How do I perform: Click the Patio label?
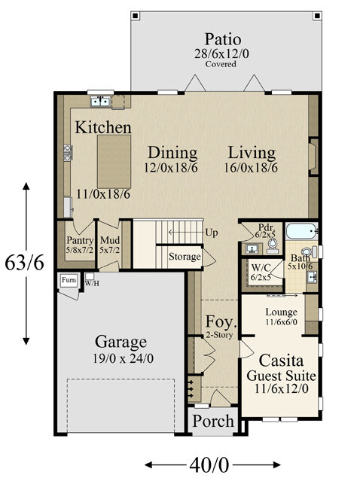tap(222, 39)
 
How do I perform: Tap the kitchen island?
tap(114, 162)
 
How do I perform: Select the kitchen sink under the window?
tap(100, 101)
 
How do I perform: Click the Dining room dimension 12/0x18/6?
tap(170, 167)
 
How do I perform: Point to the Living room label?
tap(252, 153)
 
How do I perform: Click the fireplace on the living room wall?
tap(313, 157)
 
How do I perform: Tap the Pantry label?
tap(80, 241)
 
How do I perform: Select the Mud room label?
tap(110, 240)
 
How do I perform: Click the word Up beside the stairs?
tap(212, 233)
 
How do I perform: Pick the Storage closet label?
tap(185, 257)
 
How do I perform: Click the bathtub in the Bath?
tap(301, 231)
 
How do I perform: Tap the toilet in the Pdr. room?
tap(273, 245)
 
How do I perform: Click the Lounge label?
tap(281, 312)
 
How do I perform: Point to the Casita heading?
tap(281, 361)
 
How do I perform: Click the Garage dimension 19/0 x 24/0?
tap(123, 358)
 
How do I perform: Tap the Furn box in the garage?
tap(69, 280)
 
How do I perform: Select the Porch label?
tap(213, 421)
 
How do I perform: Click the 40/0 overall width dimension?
tap(209, 465)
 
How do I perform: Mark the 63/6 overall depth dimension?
tap(24, 263)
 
